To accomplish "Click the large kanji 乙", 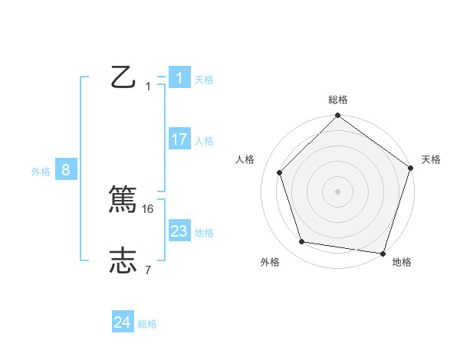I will click(123, 77).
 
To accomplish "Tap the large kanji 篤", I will click(123, 198).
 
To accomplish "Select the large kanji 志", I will click(123, 260).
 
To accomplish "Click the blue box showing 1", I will click(179, 78).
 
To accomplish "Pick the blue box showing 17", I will click(179, 139).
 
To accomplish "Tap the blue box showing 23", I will click(179, 231).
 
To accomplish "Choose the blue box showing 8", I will click(66, 170).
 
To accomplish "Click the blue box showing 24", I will click(122, 322).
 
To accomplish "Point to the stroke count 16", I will click(149, 208).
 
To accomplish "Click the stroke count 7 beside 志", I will click(148, 270).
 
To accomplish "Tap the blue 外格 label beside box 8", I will click(41, 172).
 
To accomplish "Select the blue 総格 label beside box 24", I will click(147, 324).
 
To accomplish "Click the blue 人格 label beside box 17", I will click(204, 141).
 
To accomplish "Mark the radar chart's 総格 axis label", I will click(337, 100).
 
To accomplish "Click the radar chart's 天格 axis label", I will click(431, 159).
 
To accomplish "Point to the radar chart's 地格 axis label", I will click(402, 262).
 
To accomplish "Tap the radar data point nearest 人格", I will click(279, 172).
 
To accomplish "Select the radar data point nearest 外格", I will click(302, 242).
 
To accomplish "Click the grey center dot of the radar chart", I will click(337, 191).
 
